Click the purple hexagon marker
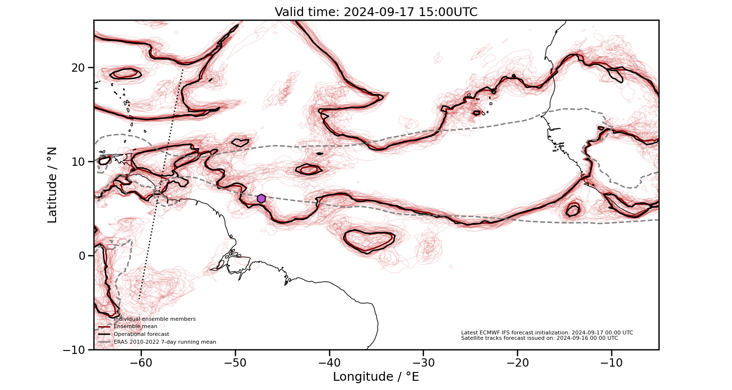pos(261,198)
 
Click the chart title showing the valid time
pos(376,12)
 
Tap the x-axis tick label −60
pos(141,363)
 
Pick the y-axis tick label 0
pos(82,255)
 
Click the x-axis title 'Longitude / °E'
pos(376,377)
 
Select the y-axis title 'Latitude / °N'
pos(52,185)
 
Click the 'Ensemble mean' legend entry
pos(135,326)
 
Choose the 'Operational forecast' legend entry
pos(141,334)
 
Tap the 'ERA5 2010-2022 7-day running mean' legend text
pos(164,342)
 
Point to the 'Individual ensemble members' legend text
pos(154,319)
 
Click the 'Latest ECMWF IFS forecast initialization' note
pos(547,332)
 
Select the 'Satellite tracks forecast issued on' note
pos(539,338)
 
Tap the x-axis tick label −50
pos(235,363)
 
